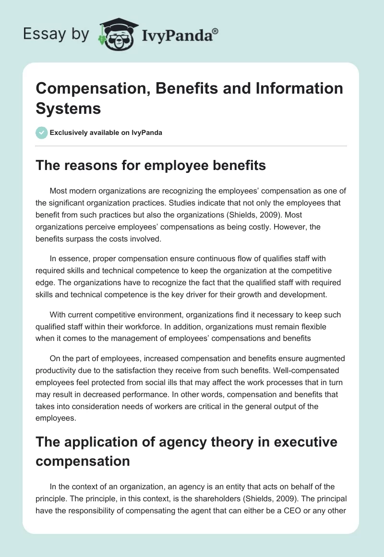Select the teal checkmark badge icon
coord(42,133)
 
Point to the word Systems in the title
coord(69,108)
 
